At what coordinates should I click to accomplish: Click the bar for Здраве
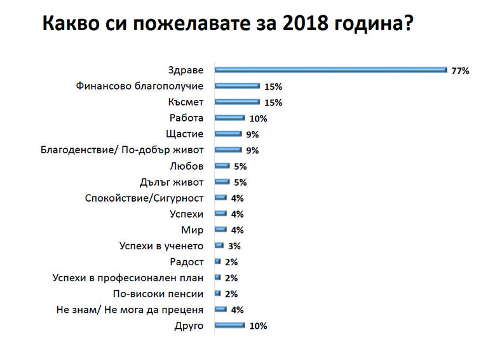click(x=330, y=70)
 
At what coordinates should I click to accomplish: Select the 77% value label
click(x=459, y=71)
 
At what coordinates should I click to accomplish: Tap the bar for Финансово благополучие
click(x=237, y=86)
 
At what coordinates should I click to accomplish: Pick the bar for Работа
click(x=229, y=118)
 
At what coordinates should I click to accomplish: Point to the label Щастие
click(x=186, y=134)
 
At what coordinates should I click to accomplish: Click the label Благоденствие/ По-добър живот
click(x=122, y=150)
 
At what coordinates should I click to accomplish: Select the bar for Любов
click(x=222, y=166)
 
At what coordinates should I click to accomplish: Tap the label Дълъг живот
click(x=172, y=182)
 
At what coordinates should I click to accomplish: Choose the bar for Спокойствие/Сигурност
click(x=220, y=198)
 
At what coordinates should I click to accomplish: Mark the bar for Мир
click(x=220, y=230)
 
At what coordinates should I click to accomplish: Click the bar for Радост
click(x=218, y=262)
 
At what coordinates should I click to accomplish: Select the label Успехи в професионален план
click(x=127, y=278)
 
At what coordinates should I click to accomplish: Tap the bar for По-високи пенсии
click(x=218, y=294)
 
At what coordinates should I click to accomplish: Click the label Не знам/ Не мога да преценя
click(x=130, y=310)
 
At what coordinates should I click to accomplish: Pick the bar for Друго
click(x=229, y=326)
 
